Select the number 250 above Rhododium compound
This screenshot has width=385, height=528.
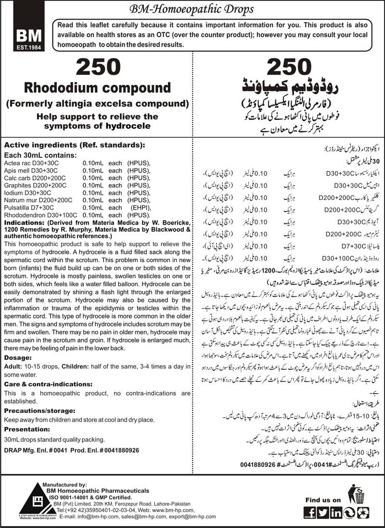tap(98, 66)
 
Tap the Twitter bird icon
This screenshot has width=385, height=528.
tap(323, 513)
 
